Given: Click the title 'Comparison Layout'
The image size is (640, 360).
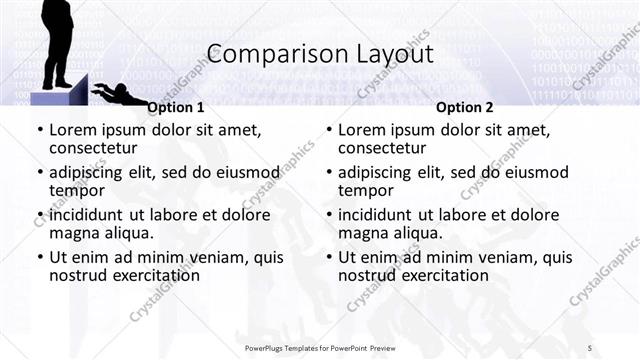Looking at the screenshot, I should [319, 53].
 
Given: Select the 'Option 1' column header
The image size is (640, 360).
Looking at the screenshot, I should [176, 107].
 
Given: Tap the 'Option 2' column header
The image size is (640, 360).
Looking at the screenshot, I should [465, 107].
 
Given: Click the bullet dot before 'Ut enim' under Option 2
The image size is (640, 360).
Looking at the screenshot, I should [329, 257].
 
